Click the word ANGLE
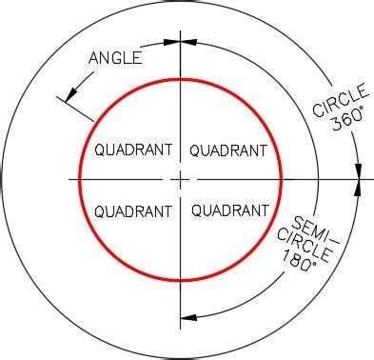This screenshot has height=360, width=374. coord(115,58)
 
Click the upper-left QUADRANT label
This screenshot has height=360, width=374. coord(134,150)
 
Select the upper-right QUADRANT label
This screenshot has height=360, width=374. coord(229,150)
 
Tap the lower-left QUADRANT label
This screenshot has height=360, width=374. coord(134,210)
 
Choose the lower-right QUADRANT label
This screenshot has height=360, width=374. coord(229,210)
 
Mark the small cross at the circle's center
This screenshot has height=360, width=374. coord(180,179)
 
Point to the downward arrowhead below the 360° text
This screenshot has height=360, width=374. coord(359,170)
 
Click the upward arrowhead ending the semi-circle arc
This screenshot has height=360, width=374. coord(359,189)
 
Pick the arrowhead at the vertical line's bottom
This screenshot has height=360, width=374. coord(187,317)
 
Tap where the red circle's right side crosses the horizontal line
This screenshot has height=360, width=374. coord(282,179)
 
